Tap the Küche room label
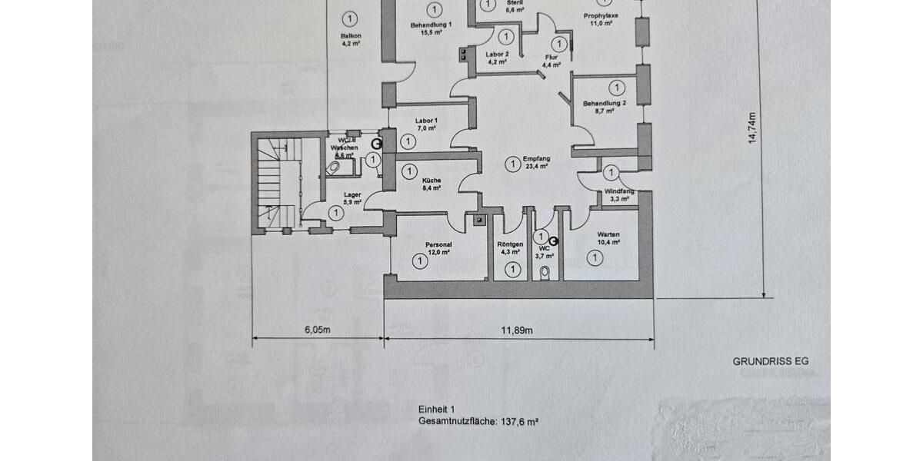pyautogui.click(x=432, y=180)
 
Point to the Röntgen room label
pyautogui.click(x=511, y=244)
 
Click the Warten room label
pyautogui.click(x=608, y=234)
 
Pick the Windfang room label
pyautogui.click(x=619, y=191)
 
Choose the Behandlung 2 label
pyautogui.click(x=605, y=103)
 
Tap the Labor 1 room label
pyautogui.click(x=426, y=121)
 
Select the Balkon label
pyautogui.click(x=351, y=36)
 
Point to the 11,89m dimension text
pyautogui.click(x=518, y=330)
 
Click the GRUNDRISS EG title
pyautogui.click(x=771, y=360)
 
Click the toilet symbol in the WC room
pyautogui.click(x=545, y=271)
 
